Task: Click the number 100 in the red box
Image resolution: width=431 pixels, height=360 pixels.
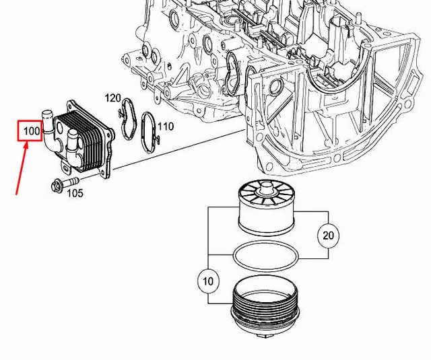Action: (x=32, y=131)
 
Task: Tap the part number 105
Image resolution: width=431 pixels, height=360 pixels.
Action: (x=75, y=193)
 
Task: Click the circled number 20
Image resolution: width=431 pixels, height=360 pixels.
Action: (x=327, y=235)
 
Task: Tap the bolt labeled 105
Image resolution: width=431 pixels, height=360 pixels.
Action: (x=62, y=182)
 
